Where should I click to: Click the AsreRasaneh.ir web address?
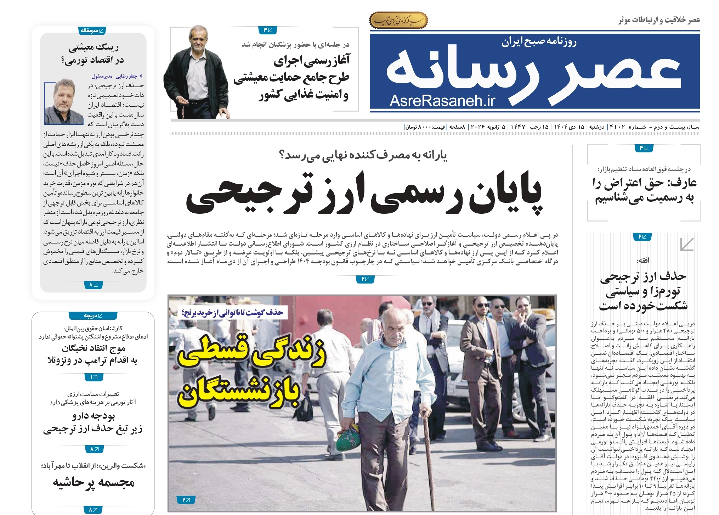point(442,101)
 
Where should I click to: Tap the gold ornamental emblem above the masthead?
point(398,21)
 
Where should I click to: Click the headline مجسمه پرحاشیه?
point(94,483)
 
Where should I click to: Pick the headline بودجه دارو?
point(94,415)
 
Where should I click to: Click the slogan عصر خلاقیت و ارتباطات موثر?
point(659,20)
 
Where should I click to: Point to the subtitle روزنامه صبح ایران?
point(539,43)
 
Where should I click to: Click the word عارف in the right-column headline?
point(682,183)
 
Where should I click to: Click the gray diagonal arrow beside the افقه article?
point(686,244)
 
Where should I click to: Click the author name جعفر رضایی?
point(128,76)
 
